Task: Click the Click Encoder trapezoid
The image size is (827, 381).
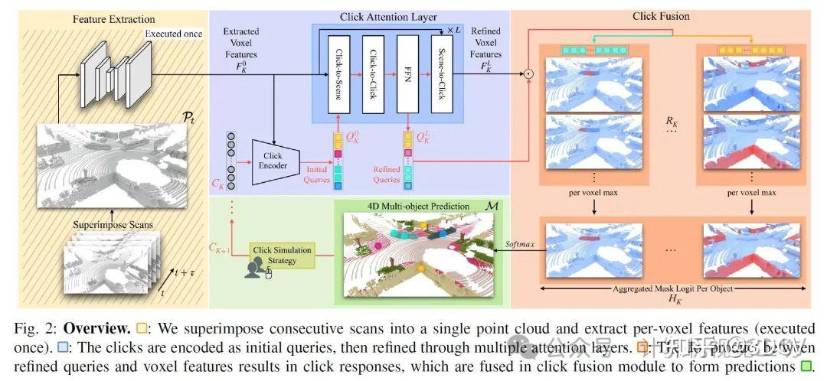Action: click(x=273, y=160)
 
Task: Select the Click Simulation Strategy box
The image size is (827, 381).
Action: click(x=284, y=256)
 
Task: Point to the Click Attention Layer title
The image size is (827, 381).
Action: click(x=388, y=17)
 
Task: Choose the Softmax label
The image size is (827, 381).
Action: click(x=519, y=246)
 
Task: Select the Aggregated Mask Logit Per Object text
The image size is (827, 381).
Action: click(x=672, y=288)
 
